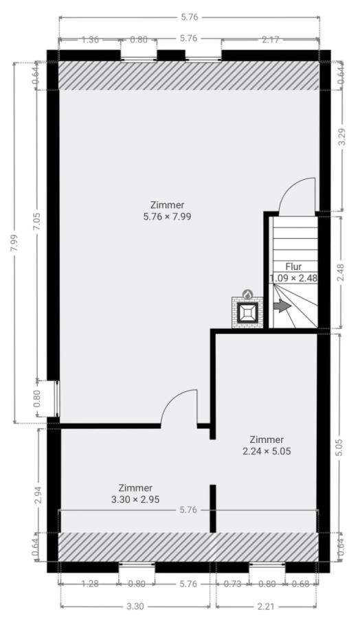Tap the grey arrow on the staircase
tap(282, 306)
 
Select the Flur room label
tap(293, 267)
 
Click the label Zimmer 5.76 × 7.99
tap(168, 211)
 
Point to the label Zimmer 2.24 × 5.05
tap(267, 445)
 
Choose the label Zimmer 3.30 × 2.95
tap(135, 494)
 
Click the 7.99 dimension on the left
tap(14, 244)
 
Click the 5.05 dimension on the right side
tap(340, 447)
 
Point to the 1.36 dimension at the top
tap(90, 39)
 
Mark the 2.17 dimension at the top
tap(271, 39)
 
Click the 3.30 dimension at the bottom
tap(135, 606)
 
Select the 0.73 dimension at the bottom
tap(233, 584)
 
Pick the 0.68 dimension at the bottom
tap(301, 584)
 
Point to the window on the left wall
tap(58, 399)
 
